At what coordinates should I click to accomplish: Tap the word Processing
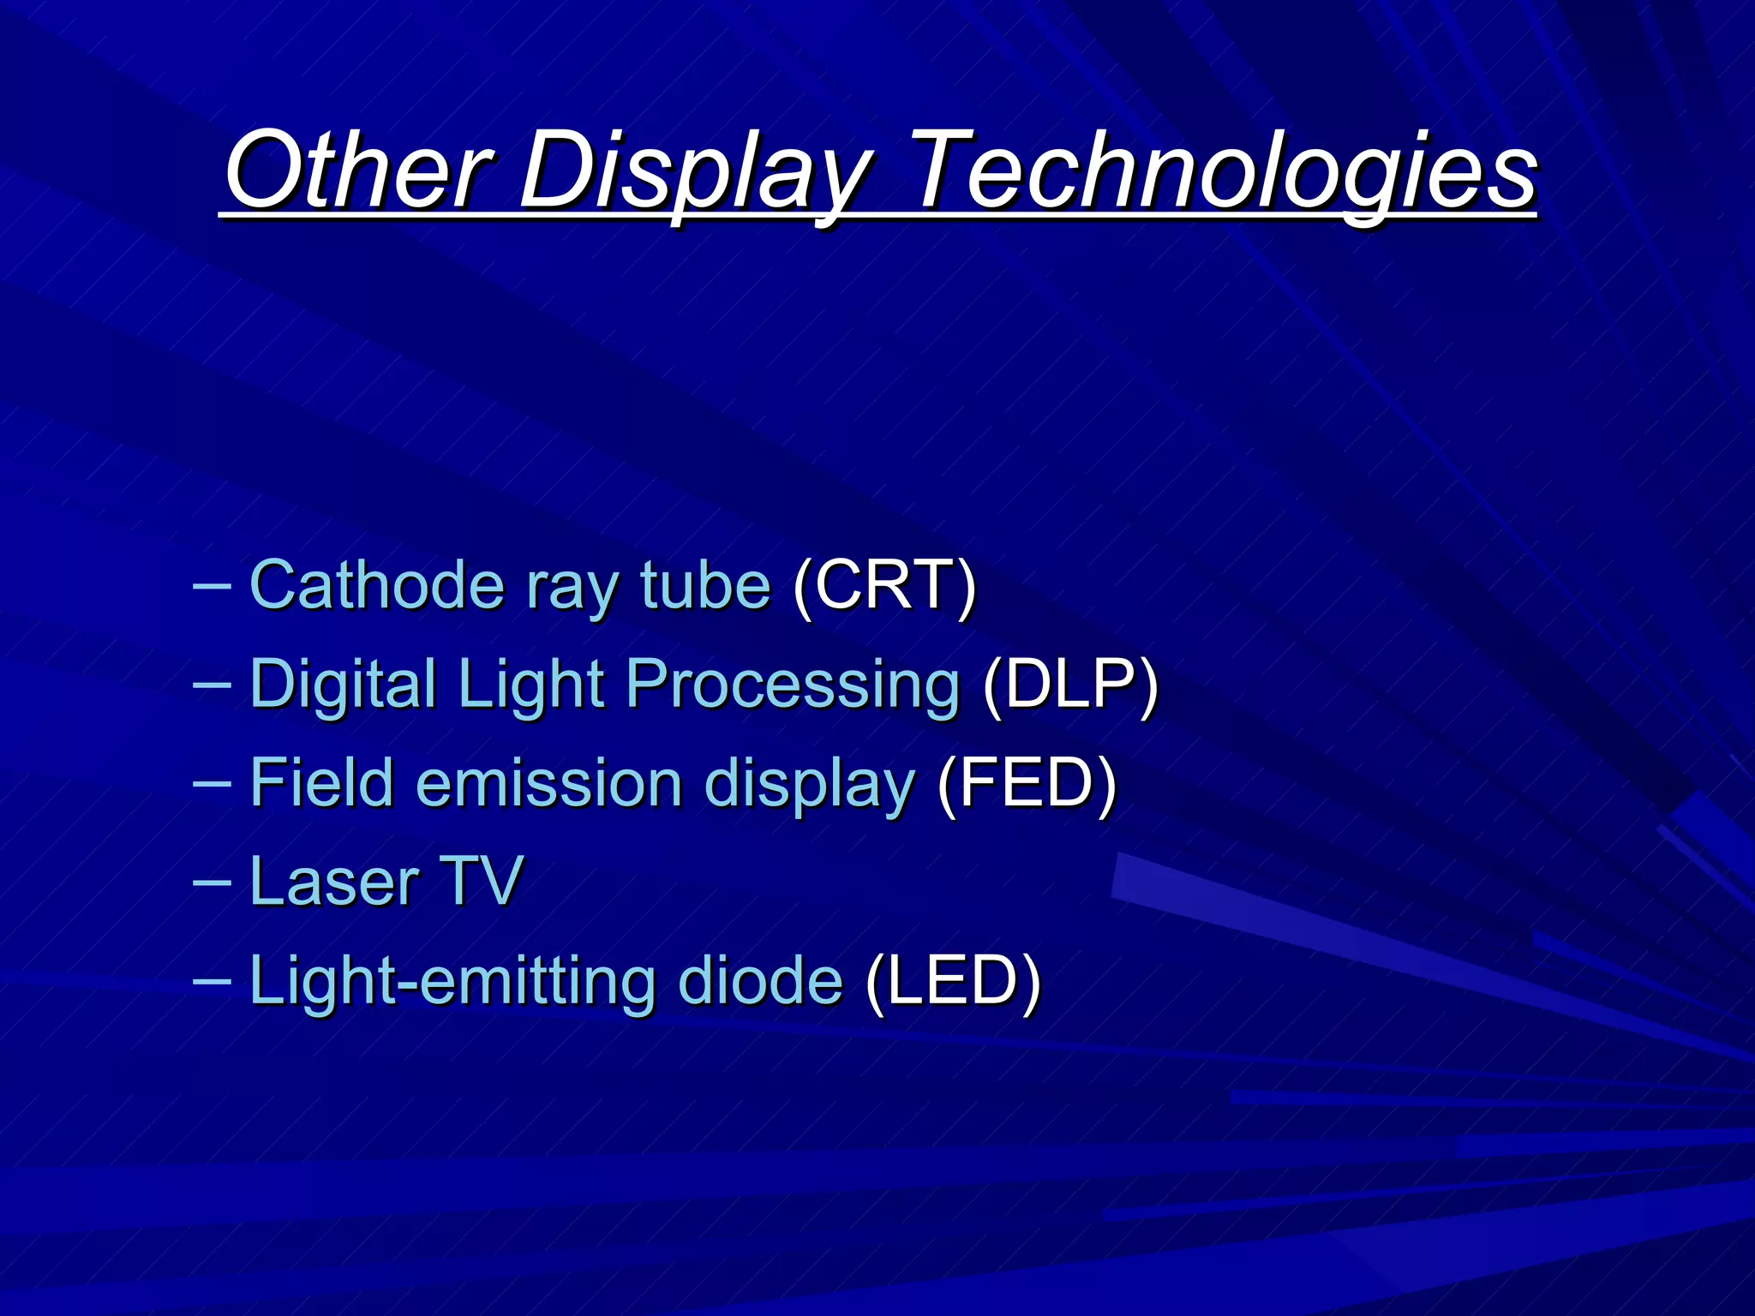[x=793, y=685]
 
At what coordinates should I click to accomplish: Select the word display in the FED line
[x=810, y=784]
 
